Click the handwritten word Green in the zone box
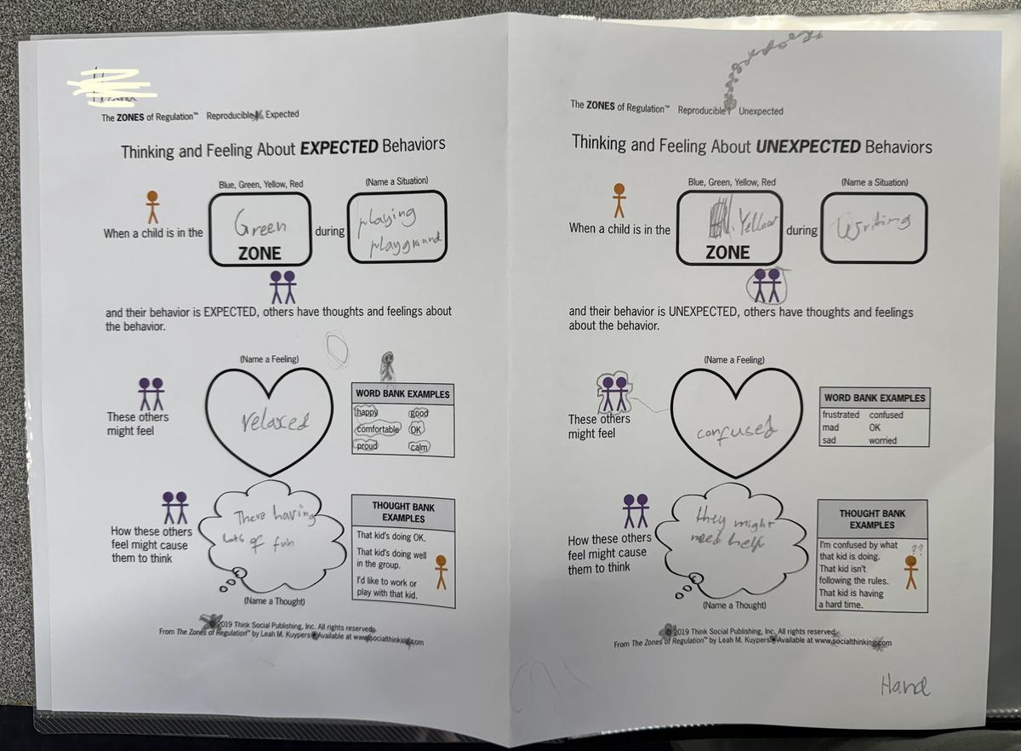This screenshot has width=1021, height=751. coord(260,227)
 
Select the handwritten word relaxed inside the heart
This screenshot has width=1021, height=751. coord(276,421)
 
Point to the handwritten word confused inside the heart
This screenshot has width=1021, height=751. coord(736,427)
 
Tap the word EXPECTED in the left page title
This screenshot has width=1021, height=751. coord(339,146)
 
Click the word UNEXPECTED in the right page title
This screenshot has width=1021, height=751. coord(807,146)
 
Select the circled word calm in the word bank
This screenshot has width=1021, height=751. coord(419,447)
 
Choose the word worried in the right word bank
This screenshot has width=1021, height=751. coord(882,440)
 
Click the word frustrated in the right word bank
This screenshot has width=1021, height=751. coord(841,415)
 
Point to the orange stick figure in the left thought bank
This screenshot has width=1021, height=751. coord(441,571)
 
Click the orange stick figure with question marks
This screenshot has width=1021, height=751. coord(911,570)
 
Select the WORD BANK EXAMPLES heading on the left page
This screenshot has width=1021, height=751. coord(402,394)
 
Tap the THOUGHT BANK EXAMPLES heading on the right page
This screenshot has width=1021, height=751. coord(872,519)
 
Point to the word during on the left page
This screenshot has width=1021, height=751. coord(329,231)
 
